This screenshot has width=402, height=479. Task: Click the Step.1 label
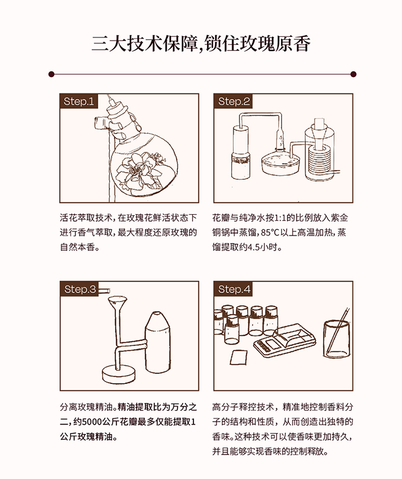(79, 101)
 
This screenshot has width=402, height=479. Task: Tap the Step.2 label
(234, 101)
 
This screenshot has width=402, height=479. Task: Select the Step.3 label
(80, 289)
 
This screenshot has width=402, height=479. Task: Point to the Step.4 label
(234, 289)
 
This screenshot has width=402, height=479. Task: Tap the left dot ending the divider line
(51, 74)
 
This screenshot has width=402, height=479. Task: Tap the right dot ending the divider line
(353, 74)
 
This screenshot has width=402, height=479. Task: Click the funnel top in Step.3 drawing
(117, 302)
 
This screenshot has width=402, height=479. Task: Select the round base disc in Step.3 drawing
(118, 374)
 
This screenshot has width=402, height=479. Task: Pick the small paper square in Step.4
(238, 357)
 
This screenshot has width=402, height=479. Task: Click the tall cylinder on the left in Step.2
(241, 152)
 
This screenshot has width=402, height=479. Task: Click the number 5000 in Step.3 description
(92, 422)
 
